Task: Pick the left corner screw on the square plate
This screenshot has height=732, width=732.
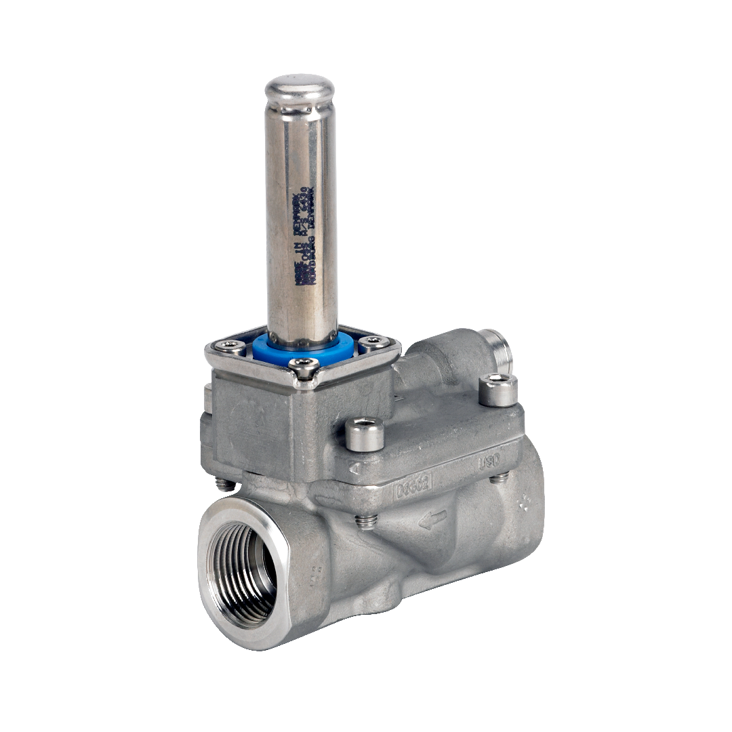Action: [232, 347]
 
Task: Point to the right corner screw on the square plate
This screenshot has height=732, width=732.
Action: [373, 342]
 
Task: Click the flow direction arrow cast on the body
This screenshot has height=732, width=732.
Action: [432, 520]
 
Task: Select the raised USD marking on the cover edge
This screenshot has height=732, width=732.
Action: [489, 464]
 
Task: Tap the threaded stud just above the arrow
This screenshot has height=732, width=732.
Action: [366, 521]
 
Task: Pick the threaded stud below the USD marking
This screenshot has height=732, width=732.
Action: [500, 479]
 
